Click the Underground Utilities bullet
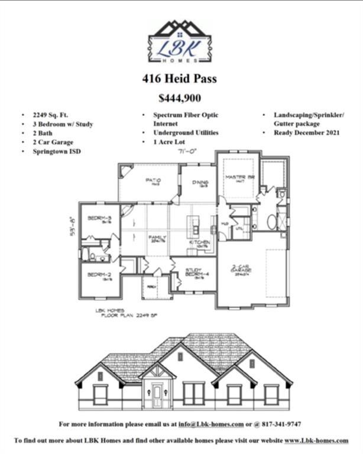click(186, 133)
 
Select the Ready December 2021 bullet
click(306, 133)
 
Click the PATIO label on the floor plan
click(153, 181)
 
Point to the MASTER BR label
click(238, 178)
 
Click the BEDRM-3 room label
click(99, 219)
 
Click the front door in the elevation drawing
click(157, 394)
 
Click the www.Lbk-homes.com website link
click(316, 440)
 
